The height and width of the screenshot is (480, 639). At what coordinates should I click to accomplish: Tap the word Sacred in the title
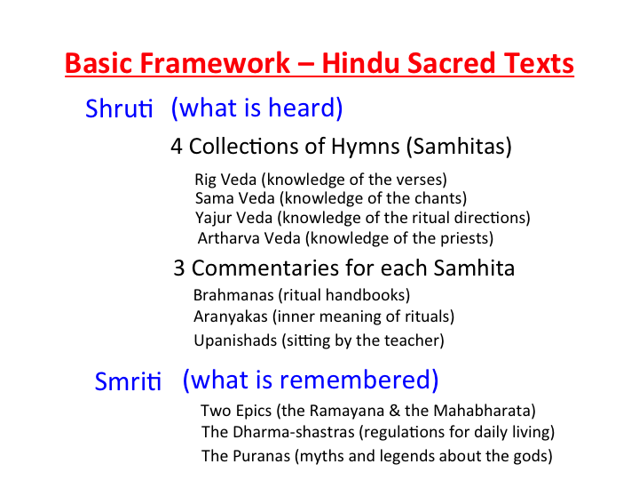coord(451,63)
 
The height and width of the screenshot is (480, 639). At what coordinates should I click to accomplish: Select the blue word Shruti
coord(119,108)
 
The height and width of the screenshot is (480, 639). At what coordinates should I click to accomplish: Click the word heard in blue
coord(304,108)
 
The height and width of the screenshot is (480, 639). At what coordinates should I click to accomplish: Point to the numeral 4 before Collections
coord(177,146)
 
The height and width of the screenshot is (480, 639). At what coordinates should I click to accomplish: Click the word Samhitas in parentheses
coord(459,146)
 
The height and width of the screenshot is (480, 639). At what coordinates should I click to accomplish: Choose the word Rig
coord(205,180)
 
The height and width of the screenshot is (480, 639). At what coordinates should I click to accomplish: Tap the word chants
coord(440,198)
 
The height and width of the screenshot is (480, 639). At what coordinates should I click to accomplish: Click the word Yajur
coord(213,219)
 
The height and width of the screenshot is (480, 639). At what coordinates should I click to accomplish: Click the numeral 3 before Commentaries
coord(179,268)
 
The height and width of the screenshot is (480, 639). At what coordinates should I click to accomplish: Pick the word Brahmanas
coord(233,295)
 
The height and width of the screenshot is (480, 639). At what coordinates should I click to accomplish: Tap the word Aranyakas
coord(231,316)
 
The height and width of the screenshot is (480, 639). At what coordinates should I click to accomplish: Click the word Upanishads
coord(235,340)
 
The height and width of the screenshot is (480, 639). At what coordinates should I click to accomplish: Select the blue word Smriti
coord(128,381)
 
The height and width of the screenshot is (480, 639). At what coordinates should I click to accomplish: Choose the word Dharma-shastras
coord(294,432)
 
